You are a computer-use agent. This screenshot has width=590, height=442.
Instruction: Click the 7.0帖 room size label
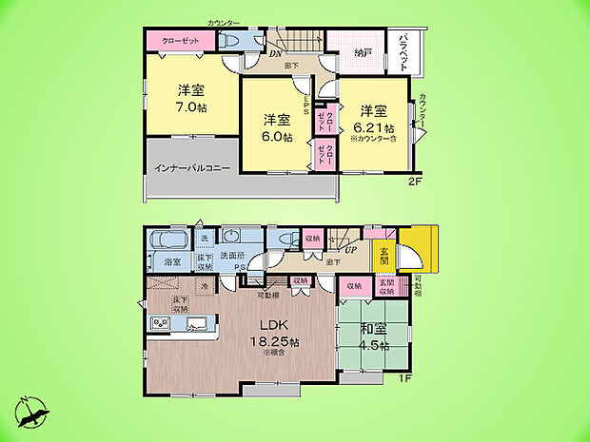coord(190,107)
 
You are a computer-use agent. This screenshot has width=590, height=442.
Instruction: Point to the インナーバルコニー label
coord(191,169)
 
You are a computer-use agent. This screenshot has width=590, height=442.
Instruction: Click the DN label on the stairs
coord(274,53)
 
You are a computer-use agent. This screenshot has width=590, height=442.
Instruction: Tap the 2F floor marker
coord(415,180)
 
